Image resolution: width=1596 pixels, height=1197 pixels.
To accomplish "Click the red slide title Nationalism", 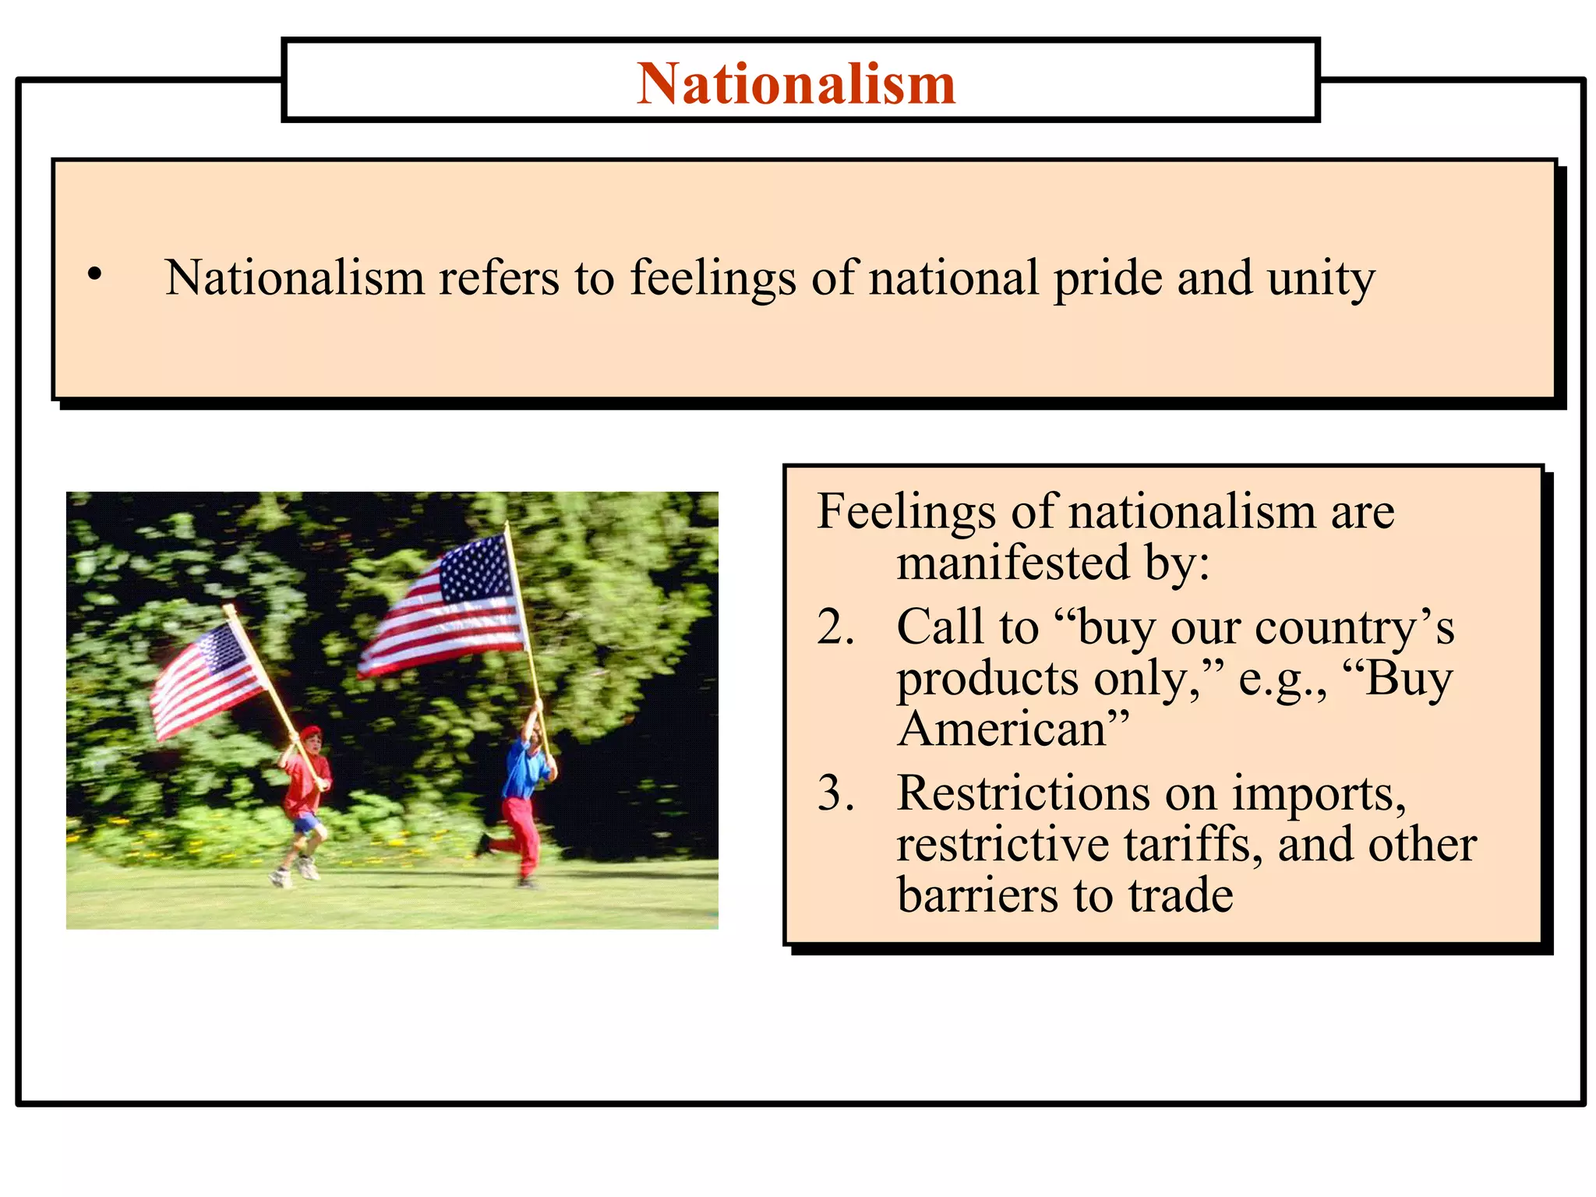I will [796, 83].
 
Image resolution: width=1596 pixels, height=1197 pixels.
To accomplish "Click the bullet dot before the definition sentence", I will [94, 274].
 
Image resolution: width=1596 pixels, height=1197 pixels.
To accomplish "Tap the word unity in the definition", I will [1320, 279].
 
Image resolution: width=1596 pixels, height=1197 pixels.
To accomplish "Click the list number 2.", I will [835, 627].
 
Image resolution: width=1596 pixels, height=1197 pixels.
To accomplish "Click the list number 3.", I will [835, 793].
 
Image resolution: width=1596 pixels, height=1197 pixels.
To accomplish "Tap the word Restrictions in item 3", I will [1023, 793].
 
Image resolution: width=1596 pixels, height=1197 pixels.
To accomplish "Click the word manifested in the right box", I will [1012, 563].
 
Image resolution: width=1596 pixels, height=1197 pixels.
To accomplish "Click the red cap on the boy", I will [311, 732].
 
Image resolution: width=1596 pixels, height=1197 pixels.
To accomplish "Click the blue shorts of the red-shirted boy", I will [307, 822].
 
